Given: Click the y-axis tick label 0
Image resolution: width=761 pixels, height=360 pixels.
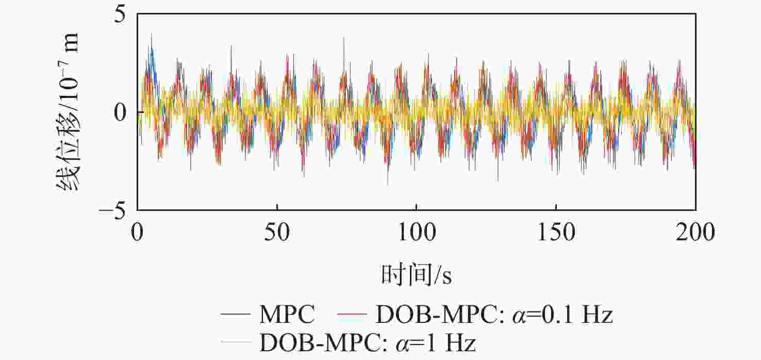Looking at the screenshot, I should click(x=122, y=112).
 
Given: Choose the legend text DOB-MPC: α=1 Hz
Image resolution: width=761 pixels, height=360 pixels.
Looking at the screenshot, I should click(x=374, y=341).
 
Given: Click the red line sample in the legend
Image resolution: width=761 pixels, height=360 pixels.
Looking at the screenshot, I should click(x=352, y=314).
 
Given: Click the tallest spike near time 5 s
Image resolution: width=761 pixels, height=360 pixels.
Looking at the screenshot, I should click(x=151, y=34).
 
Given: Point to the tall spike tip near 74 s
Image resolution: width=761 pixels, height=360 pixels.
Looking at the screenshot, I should click(x=344, y=38).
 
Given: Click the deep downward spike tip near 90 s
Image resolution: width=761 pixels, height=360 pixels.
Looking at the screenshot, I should click(x=388, y=184).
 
